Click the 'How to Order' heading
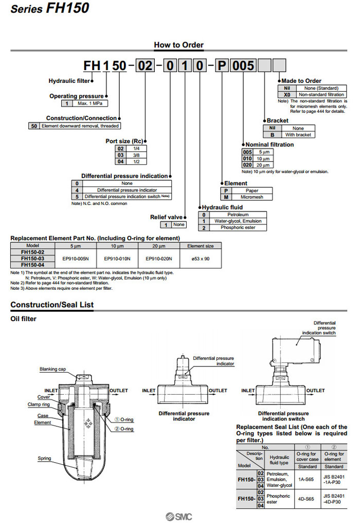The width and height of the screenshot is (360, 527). click(x=178, y=45)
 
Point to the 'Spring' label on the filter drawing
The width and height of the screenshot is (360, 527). click(x=44, y=458)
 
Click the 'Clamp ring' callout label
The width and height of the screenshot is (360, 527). click(x=39, y=405)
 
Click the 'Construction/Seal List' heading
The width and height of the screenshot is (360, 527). click(x=52, y=305)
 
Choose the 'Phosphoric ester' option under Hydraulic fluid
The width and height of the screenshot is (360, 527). click(x=238, y=227)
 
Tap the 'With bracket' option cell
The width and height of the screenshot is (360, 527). click(x=298, y=134)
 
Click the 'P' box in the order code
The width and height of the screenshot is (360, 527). click(x=221, y=66)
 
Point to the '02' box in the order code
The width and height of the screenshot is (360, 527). click(x=142, y=66)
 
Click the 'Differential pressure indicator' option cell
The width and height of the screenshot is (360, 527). click(x=127, y=190)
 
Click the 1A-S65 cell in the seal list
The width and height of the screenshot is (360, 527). click(x=307, y=479)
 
